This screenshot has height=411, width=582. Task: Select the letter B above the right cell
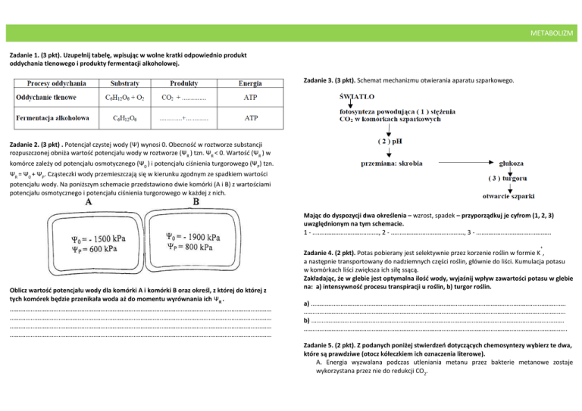tap(198, 202)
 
